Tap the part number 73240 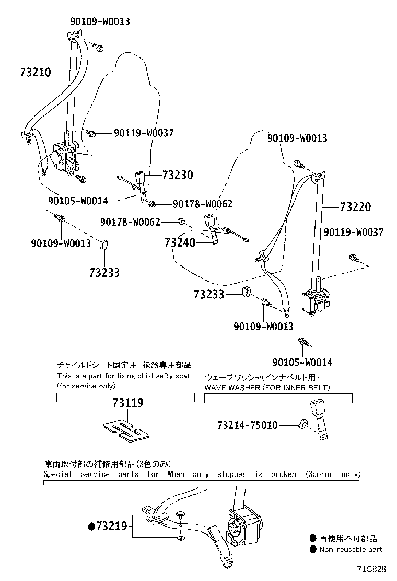(x=180, y=242)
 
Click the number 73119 (x=127, y=403)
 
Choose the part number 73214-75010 (x=247, y=425)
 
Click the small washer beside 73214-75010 (x=301, y=425)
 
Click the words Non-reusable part (x=351, y=549)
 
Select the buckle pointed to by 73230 (x=140, y=178)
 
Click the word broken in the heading (x=284, y=474)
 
